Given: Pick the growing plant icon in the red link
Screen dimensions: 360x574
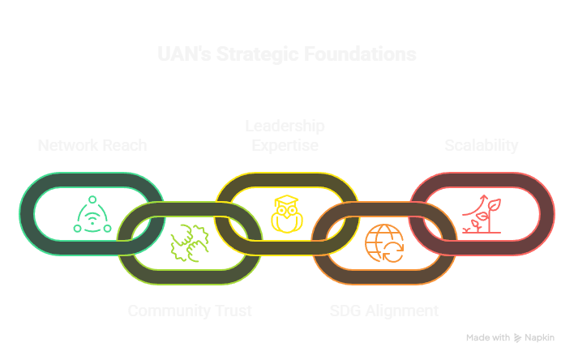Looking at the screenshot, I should click(x=482, y=215).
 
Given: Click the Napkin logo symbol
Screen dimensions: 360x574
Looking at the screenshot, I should click(x=518, y=337).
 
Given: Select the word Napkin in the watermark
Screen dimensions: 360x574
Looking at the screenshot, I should click(x=539, y=337).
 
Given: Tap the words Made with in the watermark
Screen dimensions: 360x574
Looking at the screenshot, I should click(x=488, y=337).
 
